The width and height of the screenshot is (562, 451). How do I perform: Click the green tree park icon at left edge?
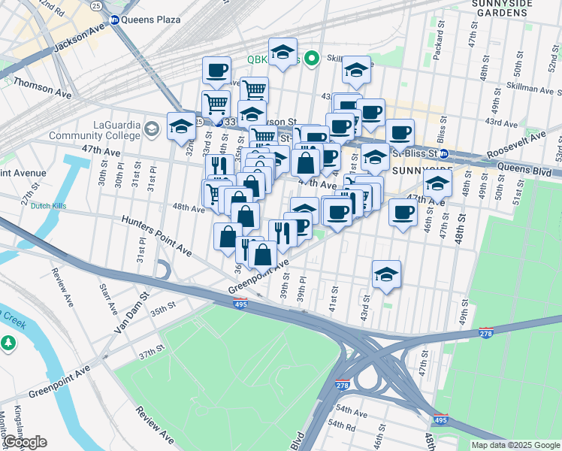(x=8, y=343)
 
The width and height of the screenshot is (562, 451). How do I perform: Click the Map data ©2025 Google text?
(x=515, y=445)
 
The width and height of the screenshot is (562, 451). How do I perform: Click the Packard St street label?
(x=438, y=50)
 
